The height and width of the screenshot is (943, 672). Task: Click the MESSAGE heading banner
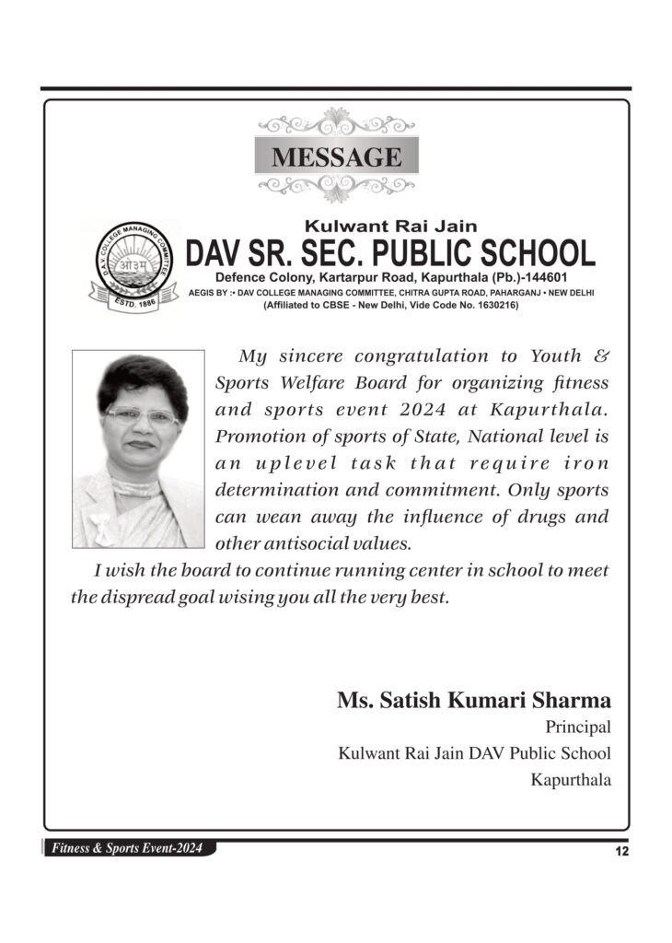pyautogui.click(x=336, y=156)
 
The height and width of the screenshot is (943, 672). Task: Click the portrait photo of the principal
pyautogui.click(x=138, y=448)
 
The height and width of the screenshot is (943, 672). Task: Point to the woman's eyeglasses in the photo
pyautogui.click(x=141, y=416)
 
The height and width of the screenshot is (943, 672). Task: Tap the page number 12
pyautogui.click(x=622, y=852)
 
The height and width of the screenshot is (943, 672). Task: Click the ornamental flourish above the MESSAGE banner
pyautogui.click(x=336, y=122)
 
